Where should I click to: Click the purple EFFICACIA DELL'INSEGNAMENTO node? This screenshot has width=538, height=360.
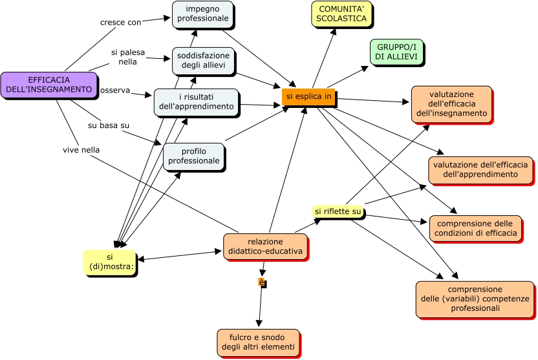tap(45, 85)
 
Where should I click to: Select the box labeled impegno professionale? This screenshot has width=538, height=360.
tap(202, 14)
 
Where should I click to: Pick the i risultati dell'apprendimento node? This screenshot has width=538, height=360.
tap(196, 101)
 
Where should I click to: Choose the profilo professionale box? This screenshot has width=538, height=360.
tap(193, 156)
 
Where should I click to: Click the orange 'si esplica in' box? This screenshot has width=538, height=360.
tap(309, 96)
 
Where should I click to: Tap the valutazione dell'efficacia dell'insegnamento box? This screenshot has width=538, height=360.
tap(451, 103)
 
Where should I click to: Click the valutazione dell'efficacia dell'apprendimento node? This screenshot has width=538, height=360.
tap(480, 169)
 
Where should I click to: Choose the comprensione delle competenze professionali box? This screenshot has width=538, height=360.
tap(474, 299)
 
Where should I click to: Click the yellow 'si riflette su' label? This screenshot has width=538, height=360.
tap(338, 211)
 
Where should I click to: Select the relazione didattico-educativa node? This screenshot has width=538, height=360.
tap(265, 246)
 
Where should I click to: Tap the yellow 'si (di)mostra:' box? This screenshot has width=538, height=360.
tap(109, 262)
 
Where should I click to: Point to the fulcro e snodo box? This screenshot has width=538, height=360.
tap(258, 342)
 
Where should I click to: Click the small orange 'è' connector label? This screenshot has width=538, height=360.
tap(262, 282)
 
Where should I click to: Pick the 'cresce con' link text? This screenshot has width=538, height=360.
tap(120, 23)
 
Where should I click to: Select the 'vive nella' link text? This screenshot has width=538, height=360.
tap(81, 150)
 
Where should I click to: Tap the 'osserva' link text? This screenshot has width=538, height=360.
tap(115, 90)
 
